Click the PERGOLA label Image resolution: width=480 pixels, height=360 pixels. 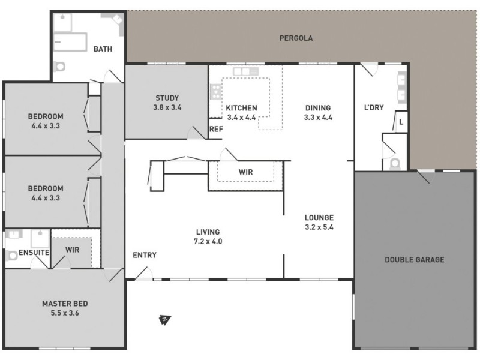(296, 38)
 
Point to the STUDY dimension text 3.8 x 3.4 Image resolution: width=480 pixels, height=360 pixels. (167, 108)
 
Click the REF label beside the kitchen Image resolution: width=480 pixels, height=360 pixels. (215, 129)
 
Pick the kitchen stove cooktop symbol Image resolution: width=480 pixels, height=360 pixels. (215, 92)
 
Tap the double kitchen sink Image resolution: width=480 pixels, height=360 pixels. (245, 72)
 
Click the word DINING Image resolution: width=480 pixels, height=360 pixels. (318, 108)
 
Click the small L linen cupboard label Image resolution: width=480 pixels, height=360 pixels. (401, 121)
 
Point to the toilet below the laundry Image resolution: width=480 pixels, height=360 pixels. (395, 163)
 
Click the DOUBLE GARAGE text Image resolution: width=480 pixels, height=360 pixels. (415, 260)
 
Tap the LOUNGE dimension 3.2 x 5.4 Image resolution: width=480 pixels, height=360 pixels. (319, 227)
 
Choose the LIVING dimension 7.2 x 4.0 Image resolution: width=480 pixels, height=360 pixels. (208, 241)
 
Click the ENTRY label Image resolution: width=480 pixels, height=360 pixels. (145, 255)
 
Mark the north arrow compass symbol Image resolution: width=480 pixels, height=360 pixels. (164, 320)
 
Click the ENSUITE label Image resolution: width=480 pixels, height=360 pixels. (34, 253)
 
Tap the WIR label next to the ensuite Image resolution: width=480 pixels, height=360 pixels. (72, 249)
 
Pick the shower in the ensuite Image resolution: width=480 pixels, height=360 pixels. (40, 238)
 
